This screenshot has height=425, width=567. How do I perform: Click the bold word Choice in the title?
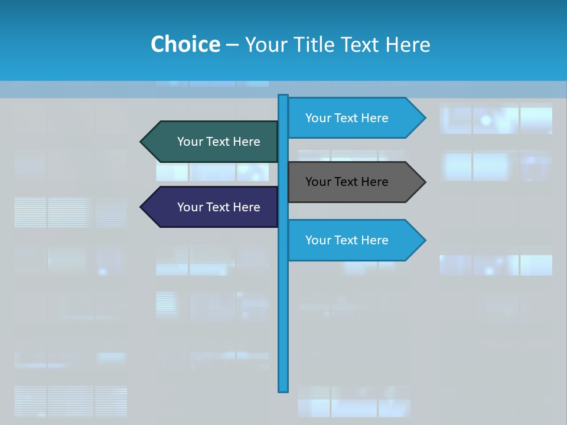pyautogui.click(x=185, y=44)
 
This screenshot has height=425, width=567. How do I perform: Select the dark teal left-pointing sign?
pyautogui.click(x=213, y=142)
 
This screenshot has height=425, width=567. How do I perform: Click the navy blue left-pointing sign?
pyautogui.click(x=213, y=207)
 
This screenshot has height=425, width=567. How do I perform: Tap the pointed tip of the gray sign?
pyautogui.click(x=423, y=182)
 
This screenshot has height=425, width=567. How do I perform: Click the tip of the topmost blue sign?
pyautogui.click(x=423, y=118)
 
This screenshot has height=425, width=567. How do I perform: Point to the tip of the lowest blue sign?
pyautogui.click(x=423, y=240)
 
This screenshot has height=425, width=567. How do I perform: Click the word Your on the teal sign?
pyautogui.click(x=190, y=142)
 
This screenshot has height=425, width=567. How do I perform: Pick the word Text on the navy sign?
pyautogui.click(x=218, y=207)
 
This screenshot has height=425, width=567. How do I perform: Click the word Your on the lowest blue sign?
pyautogui.click(x=318, y=240)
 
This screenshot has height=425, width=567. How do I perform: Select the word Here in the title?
pyautogui.click(x=408, y=44)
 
